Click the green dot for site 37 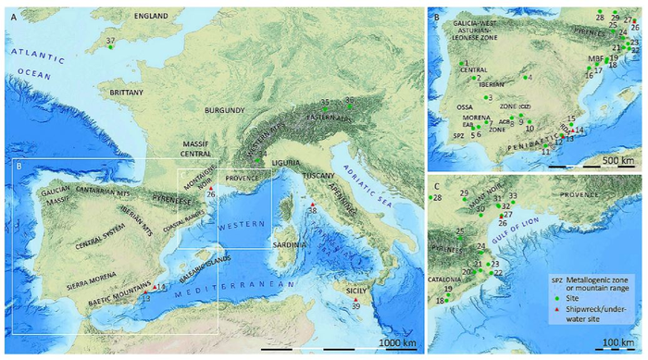coord(110,48)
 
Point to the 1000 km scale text coord(397,343)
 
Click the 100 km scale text coord(611,343)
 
